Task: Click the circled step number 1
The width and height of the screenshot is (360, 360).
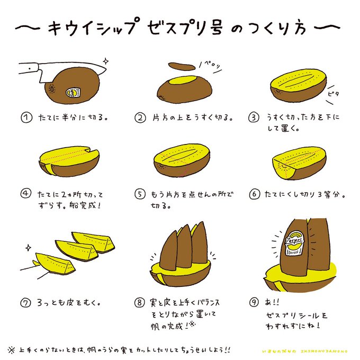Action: pos(24,117)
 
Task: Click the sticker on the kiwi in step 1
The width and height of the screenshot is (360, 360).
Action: pos(71,93)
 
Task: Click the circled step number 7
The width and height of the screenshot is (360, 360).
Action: pos(24,303)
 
